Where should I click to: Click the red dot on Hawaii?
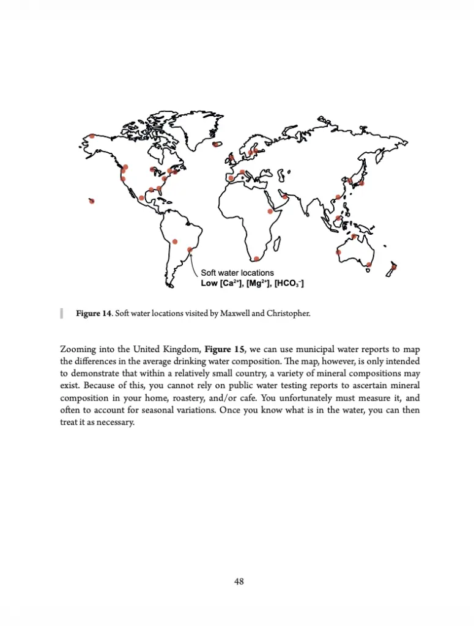pyautogui.click(x=92, y=201)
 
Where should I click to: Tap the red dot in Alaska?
pyautogui.click(x=92, y=136)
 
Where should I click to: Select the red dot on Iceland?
pyautogui.click(x=216, y=145)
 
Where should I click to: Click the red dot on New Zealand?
pyautogui.click(x=394, y=267)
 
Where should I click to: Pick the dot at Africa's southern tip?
pyautogui.click(x=256, y=259)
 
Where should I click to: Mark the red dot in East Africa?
pyautogui.click(x=270, y=212)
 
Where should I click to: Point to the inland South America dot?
pyautogui.click(x=175, y=241)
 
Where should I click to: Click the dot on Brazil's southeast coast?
pyautogui.click(x=190, y=249)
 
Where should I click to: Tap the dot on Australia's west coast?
pyautogui.click(x=338, y=252)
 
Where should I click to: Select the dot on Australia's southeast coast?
pyautogui.click(x=369, y=265)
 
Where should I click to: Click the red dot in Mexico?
pyautogui.click(x=142, y=197)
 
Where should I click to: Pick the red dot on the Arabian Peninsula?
pyautogui.click(x=285, y=196)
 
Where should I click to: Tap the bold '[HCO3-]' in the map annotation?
pyautogui.click(x=289, y=284)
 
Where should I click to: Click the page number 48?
pyautogui.click(x=239, y=581)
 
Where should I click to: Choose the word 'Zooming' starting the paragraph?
pyautogui.click(x=79, y=350)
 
